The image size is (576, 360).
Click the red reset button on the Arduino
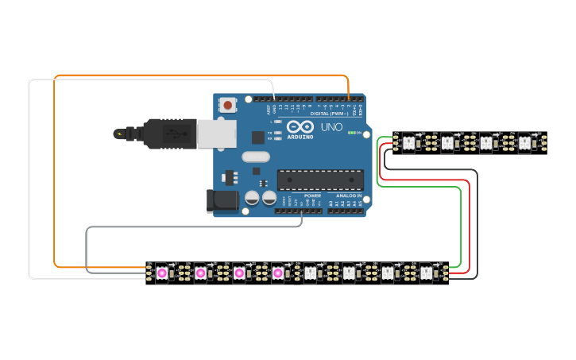tap(228, 104)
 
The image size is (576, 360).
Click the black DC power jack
tap(222, 200)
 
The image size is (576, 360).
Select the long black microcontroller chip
tap(319, 180)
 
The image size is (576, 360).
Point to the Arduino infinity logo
tap(300, 127)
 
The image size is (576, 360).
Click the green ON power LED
tap(352, 133)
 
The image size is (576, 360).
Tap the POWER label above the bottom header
tap(313, 195)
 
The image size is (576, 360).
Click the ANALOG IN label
tap(347, 195)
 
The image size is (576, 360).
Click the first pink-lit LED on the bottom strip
tap(162, 273)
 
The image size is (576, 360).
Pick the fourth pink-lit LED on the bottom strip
tap(278, 273)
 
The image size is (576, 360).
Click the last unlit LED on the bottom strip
tap(426, 273)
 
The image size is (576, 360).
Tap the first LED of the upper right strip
tap(408, 143)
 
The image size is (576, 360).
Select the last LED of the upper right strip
tap(524, 143)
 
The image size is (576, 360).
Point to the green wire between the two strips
tap(460, 230)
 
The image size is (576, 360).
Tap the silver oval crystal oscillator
tap(256, 157)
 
